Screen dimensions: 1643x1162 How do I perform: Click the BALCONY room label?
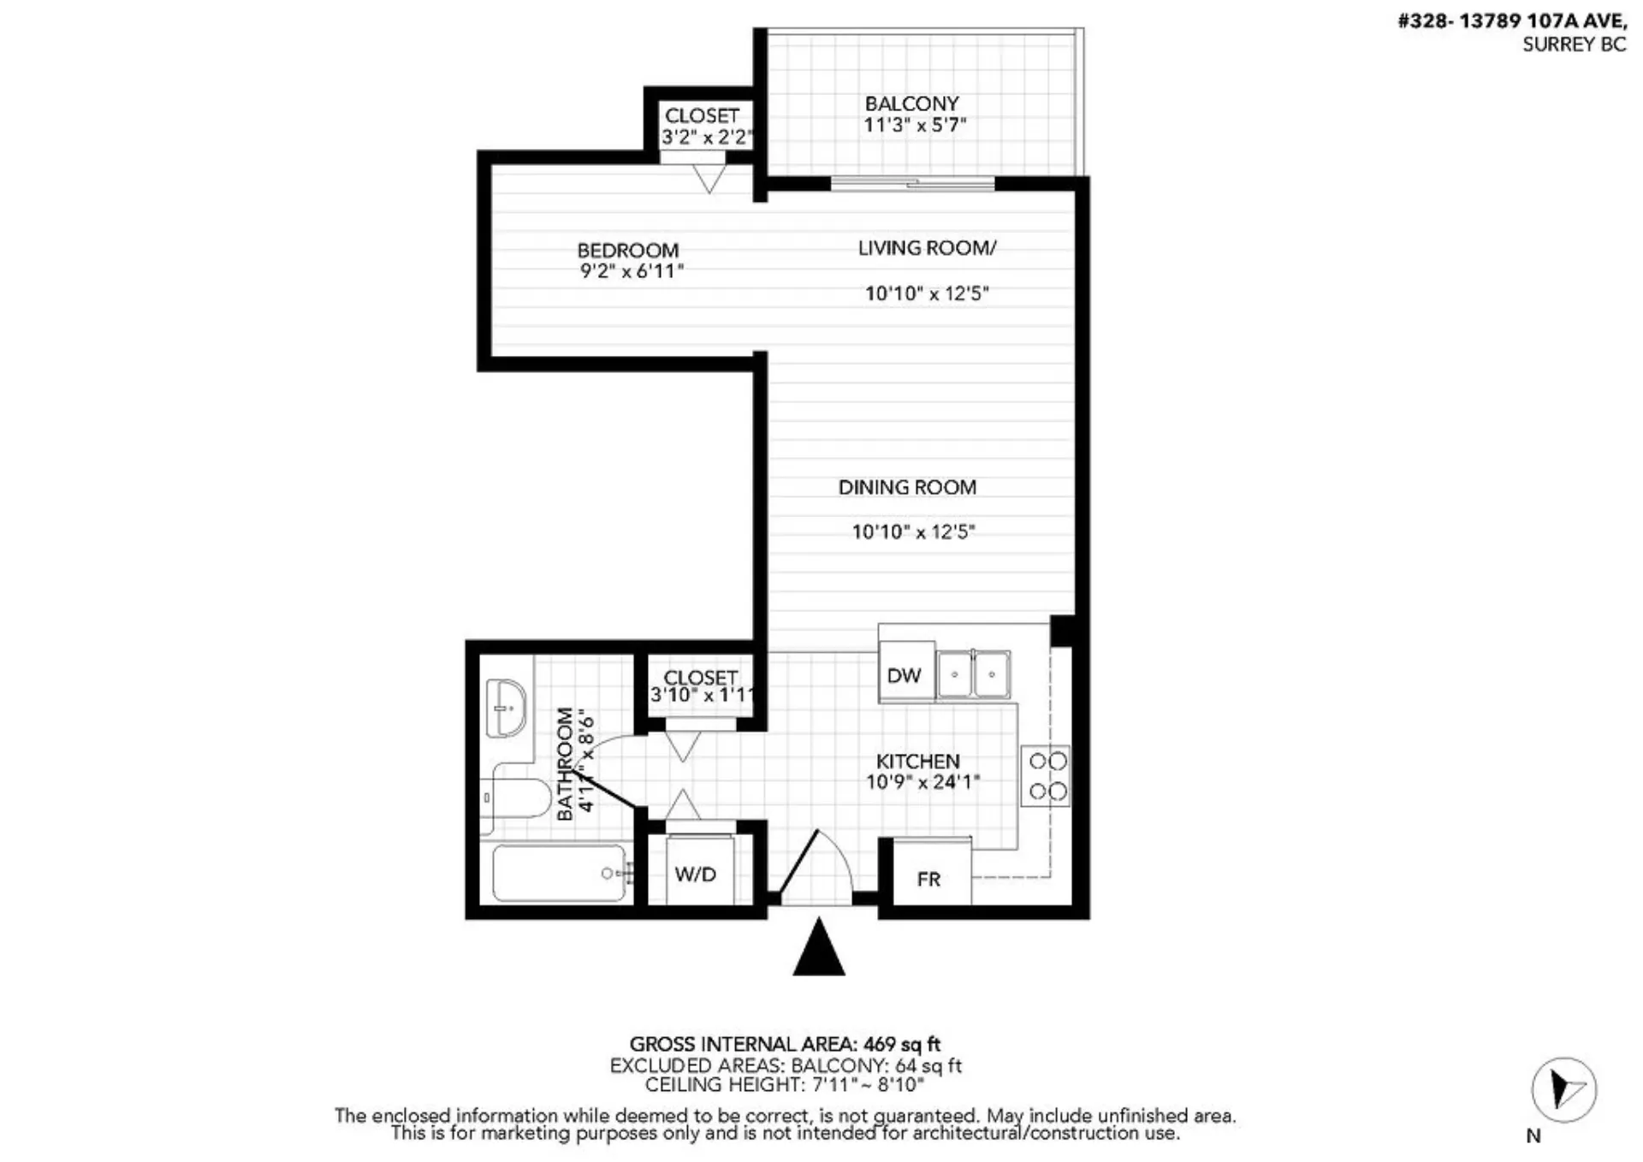pos(911,104)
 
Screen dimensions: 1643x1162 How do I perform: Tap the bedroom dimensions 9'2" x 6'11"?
pos(632,272)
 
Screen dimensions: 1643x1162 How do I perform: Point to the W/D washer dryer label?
pos(695,874)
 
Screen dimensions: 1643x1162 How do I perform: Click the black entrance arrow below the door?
pos(819,946)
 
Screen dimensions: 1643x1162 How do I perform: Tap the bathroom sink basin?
pos(506,708)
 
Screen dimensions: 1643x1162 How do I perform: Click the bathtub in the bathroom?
pos(561,874)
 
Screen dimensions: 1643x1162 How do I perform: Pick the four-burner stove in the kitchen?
pos(1046,776)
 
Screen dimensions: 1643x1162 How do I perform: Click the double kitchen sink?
pos(973,675)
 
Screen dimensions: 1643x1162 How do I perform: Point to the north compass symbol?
pos(1564,1090)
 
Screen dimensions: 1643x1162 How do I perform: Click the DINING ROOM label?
pos(907,488)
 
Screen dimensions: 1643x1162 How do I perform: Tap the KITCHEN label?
pos(918,761)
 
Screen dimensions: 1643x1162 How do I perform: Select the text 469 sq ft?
pos(902,1045)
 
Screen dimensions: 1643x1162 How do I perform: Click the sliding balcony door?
pos(913,182)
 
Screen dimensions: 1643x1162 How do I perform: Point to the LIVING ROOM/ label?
pos(928,248)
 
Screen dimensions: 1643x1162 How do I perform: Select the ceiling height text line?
pos(785,1085)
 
